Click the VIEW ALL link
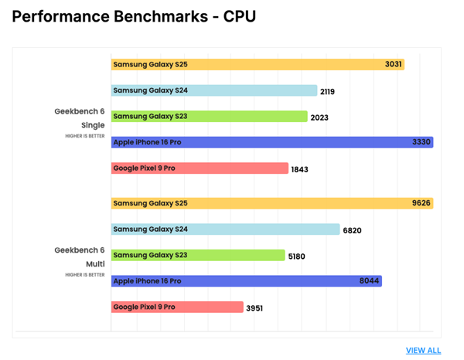click(x=423, y=350)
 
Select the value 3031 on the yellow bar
click(x=393, y=65)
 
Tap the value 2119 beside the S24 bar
click(x=328, y=91)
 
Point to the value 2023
click(x=319, y=117)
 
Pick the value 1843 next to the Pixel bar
click(x=299, y=169)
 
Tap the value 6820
click(x=351, y=230)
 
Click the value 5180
click(x=296, y=256)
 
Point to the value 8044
click(x=369, y=281)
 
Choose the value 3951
click(x=254, y=308)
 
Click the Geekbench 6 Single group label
click(x=80, y=117)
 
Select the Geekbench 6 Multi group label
click(x=80, y=256)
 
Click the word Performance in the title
click(x=63, y=16)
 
